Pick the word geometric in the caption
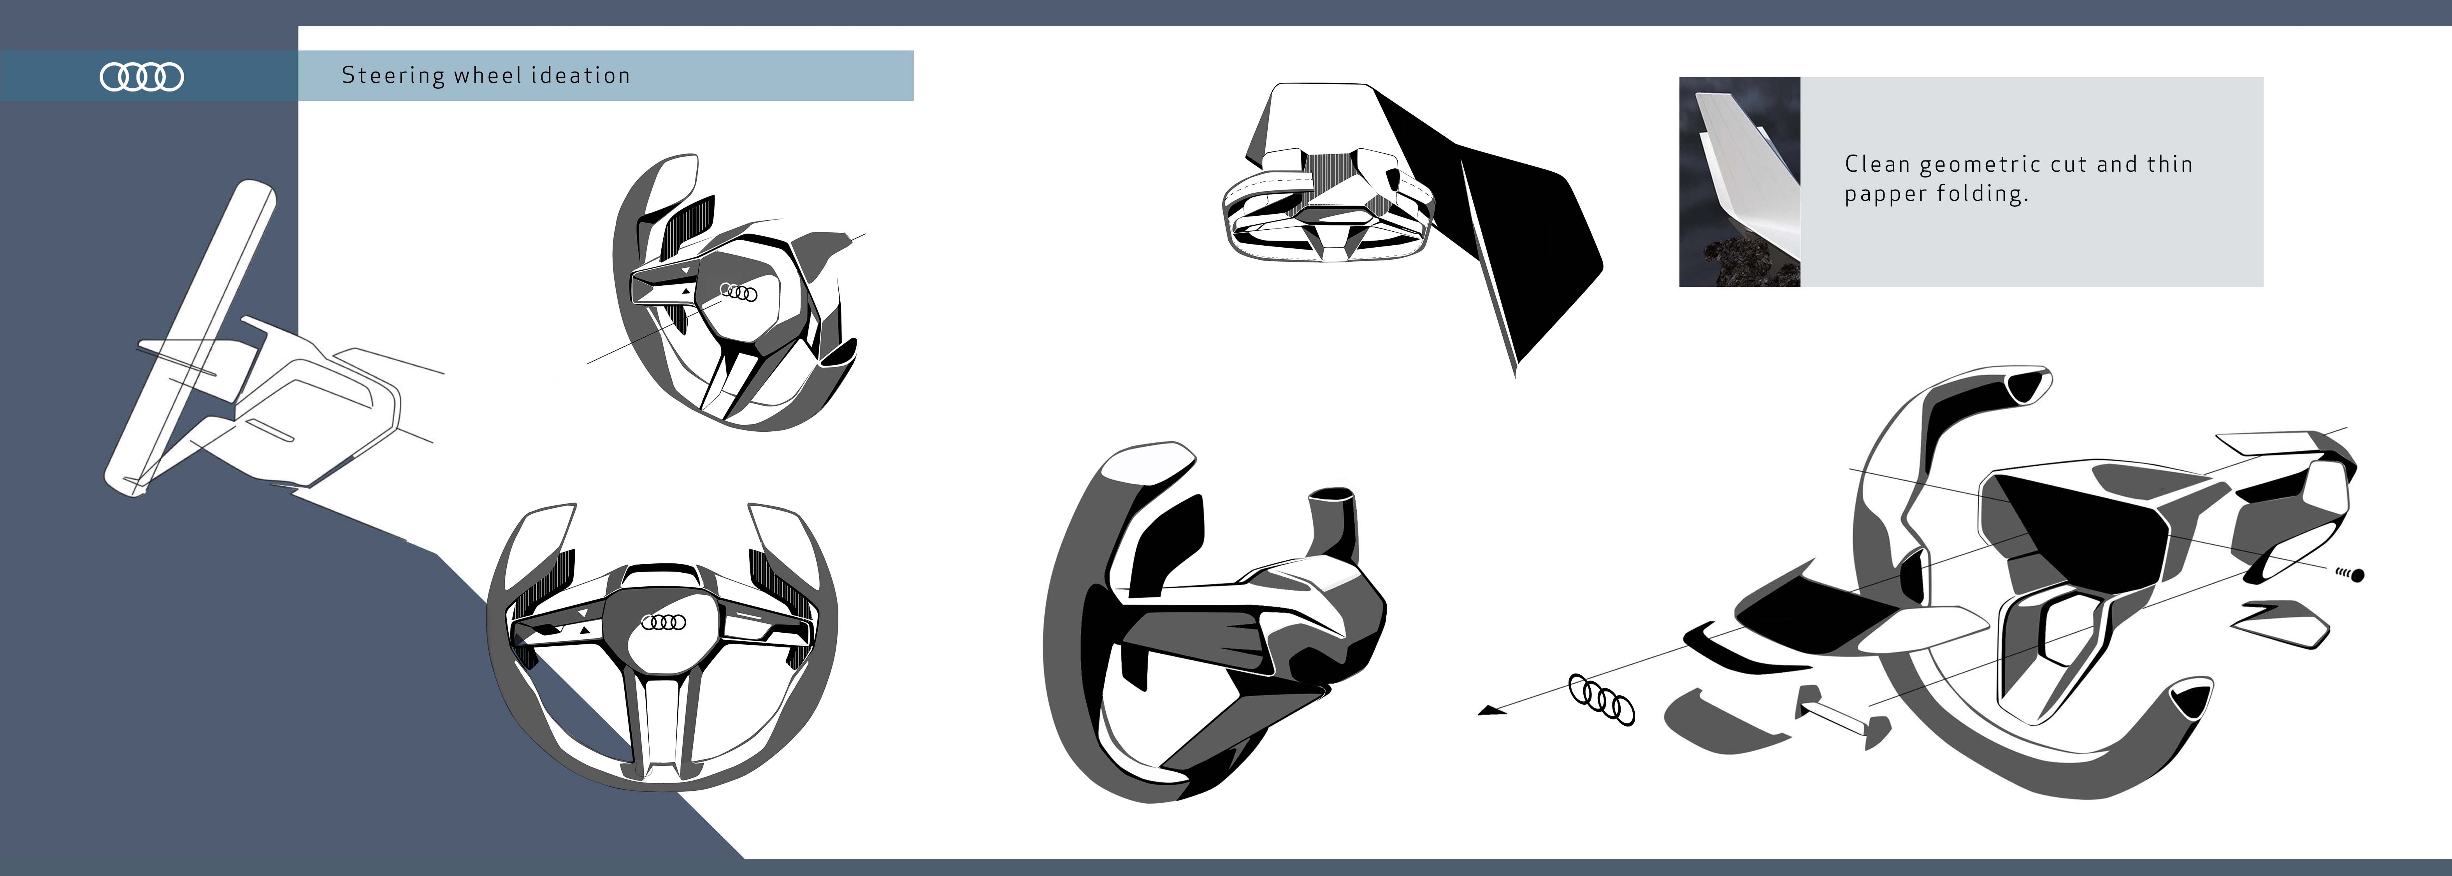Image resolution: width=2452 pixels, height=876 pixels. [x=1980, y=165]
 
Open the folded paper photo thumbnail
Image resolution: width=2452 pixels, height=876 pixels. [x=1739, y=182]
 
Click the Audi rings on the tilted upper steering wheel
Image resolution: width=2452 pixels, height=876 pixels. [x=739, y=292]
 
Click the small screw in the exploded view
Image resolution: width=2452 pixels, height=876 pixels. [x=2351, y=574]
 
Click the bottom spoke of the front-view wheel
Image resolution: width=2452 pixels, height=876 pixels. [x=664, y=724]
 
